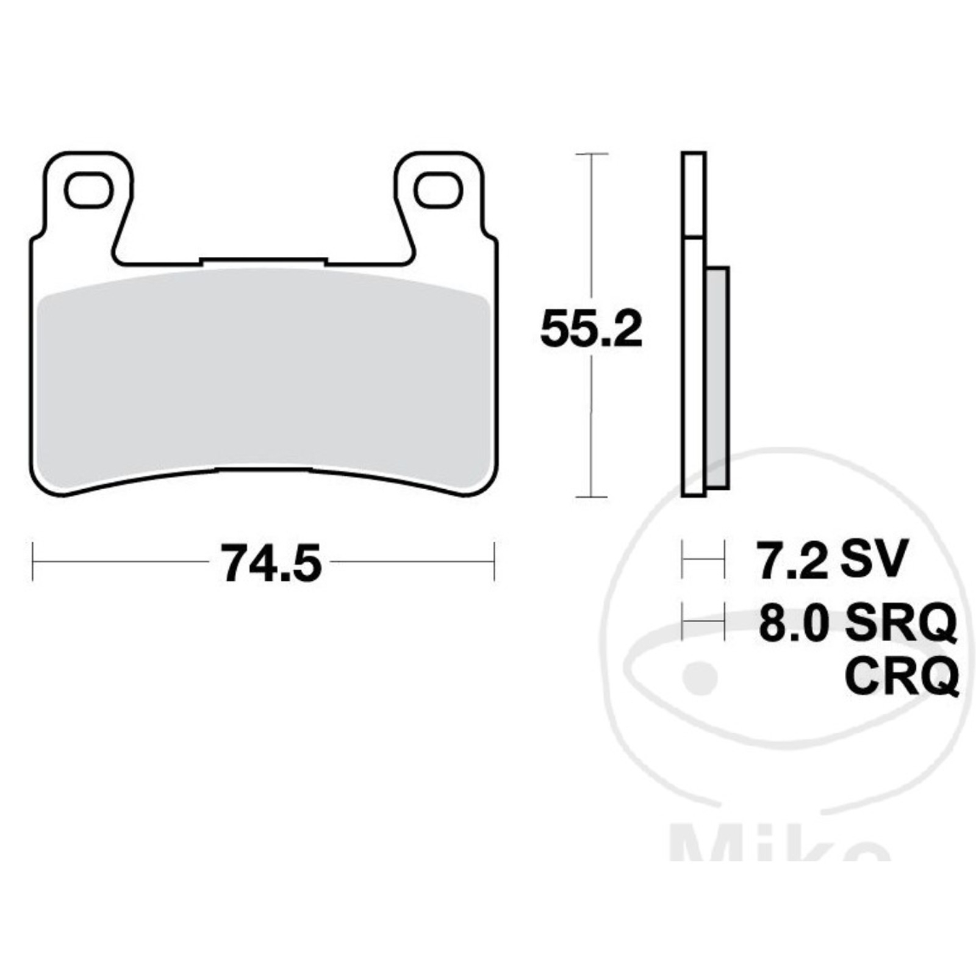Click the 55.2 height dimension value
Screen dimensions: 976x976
tap(591, 330)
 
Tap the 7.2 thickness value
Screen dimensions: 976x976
tap(792, 559)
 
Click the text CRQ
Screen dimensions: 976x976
tap(902, 674)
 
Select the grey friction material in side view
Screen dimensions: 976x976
tap(717, 377)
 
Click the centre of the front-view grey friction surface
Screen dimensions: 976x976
tap(264, 378)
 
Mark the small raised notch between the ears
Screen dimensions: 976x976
tap(264, 260)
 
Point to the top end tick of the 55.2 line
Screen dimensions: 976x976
tap(591, 154)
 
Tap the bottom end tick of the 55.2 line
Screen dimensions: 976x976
tap(591, 497)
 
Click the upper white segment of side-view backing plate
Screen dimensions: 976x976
tap(694, 194)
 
